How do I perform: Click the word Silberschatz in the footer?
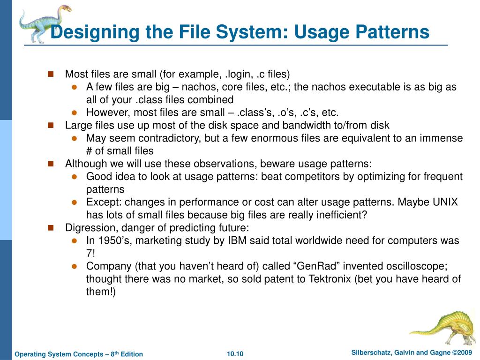(x=373, y=352)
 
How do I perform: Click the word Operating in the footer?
(x=30, y=354)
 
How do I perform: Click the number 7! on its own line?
(x=90, y=253)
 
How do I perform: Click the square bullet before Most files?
(x=51, y=74)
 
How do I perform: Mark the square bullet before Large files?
(x=51, y=125)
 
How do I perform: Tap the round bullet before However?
(x=74, y=112)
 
